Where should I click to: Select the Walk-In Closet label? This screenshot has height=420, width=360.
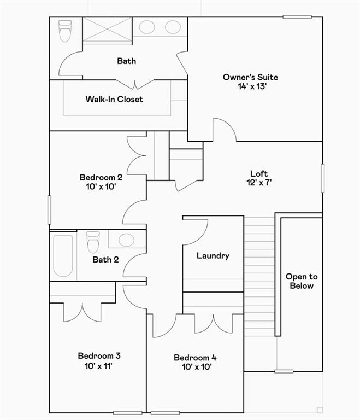pyautogui.click(x=114, y=99)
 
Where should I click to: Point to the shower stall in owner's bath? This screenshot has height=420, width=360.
pyautogui.click(x=107, y=28)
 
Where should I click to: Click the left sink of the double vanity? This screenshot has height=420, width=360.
pyautogui.click(x=147, y=27)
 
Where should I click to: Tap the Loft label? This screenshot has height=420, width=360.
pyautogui.click(x=258, y=173)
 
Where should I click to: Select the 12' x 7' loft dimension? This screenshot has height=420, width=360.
pyautogui.click(x=258, y=183)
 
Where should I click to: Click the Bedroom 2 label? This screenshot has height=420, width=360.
pyautogui.click(x=101, y=177)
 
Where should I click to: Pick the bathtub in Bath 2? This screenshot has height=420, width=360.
pyautogui.click(x=63, y=255)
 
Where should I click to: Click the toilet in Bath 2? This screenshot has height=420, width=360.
pyautogui.click(x=93, y=242)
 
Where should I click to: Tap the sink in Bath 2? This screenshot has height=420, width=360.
pyautogui.click(x=126, y=240)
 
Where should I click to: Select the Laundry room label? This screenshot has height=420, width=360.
pyautogui.click(x=213, y=255)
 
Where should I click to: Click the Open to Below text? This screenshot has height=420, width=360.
pyautogui.click(x=301, y=281)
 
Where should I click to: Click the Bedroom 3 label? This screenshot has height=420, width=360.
pyautogui.click(x=95, y=356)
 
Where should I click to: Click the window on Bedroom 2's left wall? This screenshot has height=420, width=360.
pyautogui.click(x=49, y=209)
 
